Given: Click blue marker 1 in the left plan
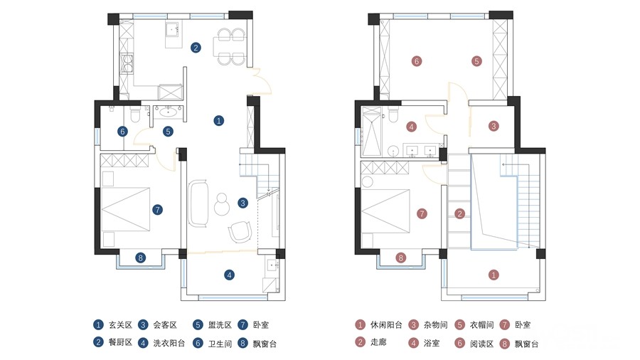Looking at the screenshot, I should pyautogui.click(x=219, y=121).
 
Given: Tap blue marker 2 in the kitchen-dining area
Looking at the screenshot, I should pyautogui.click(x=196, y=48).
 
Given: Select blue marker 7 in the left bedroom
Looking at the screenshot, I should pyautogui.click(x=158, y=210).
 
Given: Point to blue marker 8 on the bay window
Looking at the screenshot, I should pyautogui.click(x=141, y=258).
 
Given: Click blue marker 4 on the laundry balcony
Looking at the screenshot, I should pyautogui.click(x=230, y=275).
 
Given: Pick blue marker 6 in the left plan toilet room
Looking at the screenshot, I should pyautogui.click(x=122, y=132).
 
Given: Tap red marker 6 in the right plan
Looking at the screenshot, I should pyautogui.click(x=417, y=61).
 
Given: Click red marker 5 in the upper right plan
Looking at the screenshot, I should pyautogui.click(x=476, y=61).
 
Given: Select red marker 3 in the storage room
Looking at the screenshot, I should pyautogui.click(x=494, y=127).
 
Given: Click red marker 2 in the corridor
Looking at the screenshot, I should pyautogui.click(x=460, y=213).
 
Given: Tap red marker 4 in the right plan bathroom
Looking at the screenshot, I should pyautogui.click(x=412, y=127).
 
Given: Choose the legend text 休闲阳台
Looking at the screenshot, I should pyautogui.click(x=386, y=325).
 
